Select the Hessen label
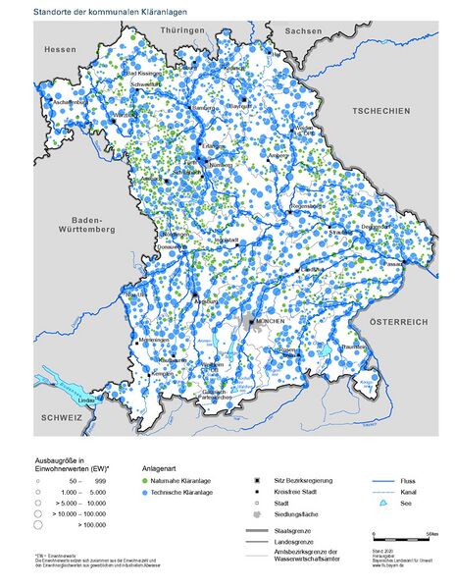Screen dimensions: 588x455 pyautogui.click(x=59, y=48)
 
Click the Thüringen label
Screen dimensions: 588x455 pyautogui.click(x=183, y=30)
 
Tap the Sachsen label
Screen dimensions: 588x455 pyautogui.click(x=303, y=31)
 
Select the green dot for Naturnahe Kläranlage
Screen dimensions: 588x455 pyautogui.click(x=146, y=481)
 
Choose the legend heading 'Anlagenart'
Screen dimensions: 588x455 pyautogui.click(x=162, y=468)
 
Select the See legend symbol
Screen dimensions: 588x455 pyautogui.click(x=382, y=503)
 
